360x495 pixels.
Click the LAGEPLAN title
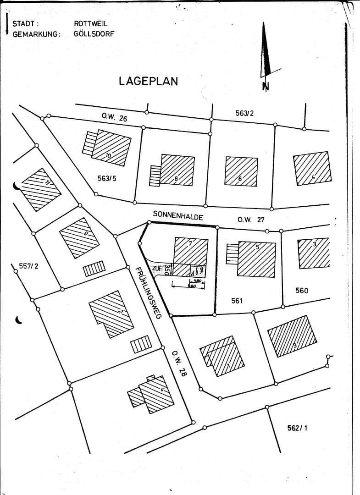tap(148, 81)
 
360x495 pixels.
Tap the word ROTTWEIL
tap(91, 24)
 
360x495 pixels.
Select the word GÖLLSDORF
tap(94, 34)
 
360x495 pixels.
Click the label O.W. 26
tap(114, 118)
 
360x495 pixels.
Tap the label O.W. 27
tap(251, 220)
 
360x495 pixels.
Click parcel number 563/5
tap(107, 178)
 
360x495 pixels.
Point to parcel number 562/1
tap(297, 428)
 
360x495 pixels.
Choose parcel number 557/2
tap(28, 266)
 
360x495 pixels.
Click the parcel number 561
tap(237, 301)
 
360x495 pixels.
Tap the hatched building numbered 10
tap(110, 148)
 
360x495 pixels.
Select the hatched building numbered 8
tap(177, 170)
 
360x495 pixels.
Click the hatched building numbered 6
tap(241, 171)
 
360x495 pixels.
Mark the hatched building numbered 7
tap(190, 251)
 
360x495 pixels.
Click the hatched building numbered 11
tap(41, 189)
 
